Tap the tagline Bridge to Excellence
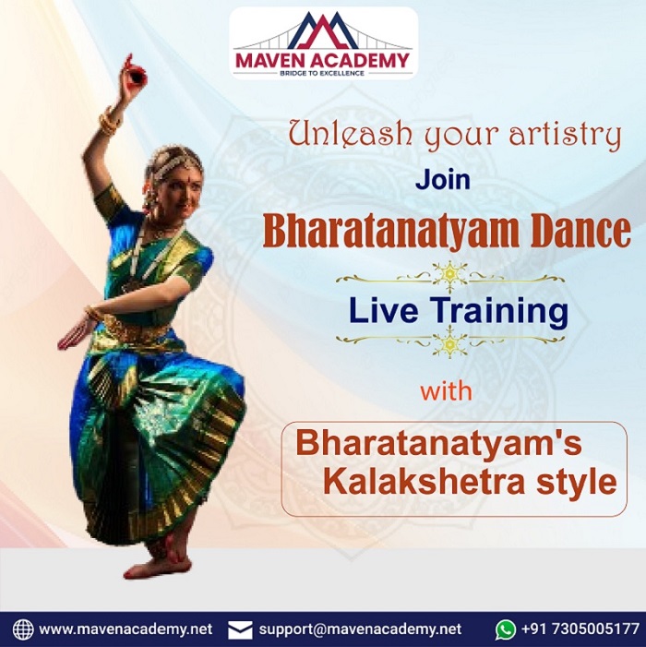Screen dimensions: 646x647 (x=322, y=74)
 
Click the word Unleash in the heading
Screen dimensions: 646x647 (x=351, y=133)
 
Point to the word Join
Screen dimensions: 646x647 (x=443, y=179)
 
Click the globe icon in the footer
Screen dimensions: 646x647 (x=23, y=629)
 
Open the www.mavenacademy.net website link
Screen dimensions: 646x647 (x=126, y=629)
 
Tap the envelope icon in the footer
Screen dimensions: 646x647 (x=240, y=630)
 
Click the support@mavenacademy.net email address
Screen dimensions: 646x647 (x=360, y=629)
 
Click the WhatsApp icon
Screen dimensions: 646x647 (x=506, y=630)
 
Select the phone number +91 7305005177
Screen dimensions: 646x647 (x=580, y=629)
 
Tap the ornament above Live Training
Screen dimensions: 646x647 (x=450, y=275)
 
